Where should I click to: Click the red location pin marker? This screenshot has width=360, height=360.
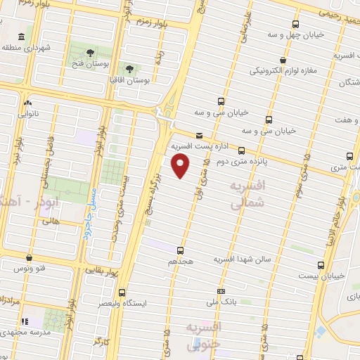(181, 167)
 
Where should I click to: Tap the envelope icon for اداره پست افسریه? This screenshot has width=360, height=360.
(199, 136)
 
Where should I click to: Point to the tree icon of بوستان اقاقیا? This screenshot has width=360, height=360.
(129, 69)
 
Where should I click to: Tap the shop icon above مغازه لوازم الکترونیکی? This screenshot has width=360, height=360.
(282, 60)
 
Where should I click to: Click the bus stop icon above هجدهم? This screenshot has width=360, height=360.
(181, 250)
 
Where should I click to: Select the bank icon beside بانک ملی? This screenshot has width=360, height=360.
(221, 292)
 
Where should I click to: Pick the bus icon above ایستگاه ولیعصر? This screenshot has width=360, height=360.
(122, 292)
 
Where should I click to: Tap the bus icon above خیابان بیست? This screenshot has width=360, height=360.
(321, 265)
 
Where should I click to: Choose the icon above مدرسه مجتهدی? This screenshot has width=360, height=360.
(28, 320)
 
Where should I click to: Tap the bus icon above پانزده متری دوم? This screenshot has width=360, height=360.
(242, 150)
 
